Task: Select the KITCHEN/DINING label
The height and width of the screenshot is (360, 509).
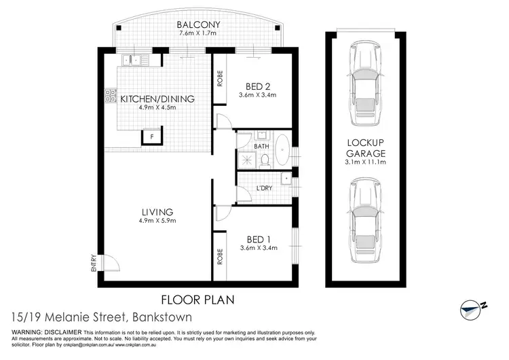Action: click(x=157, y=98)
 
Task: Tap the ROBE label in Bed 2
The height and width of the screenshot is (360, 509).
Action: click(x=220, y=78)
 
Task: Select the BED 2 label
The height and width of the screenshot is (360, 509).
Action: click(x=259, y=86)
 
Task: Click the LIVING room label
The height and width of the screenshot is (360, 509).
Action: click(x=157, y=211)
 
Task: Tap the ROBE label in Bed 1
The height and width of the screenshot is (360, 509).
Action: click(x=220, y=256)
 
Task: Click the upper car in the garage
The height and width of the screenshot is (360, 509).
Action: click(x=364, y=86)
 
